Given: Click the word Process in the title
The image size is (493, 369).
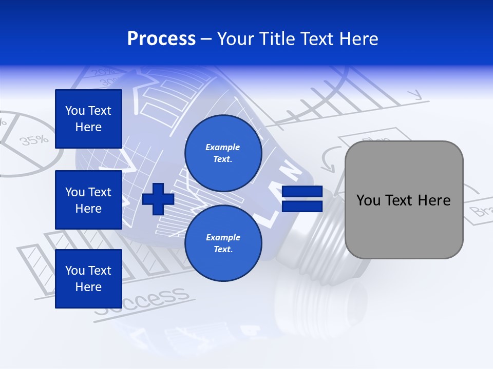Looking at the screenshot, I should pos(161,39).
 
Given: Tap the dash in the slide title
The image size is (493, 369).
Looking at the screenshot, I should pos(206,39).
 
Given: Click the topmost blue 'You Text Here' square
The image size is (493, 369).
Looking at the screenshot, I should pos(88,119).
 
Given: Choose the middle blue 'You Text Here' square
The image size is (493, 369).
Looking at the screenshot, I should pos(88,200).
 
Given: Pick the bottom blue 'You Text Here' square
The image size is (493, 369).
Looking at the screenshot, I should pos(88,279).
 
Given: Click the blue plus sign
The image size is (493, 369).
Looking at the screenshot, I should pos(158,199).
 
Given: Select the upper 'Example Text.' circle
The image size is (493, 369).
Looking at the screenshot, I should pos(223,153).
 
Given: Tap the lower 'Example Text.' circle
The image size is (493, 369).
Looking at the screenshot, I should pos(223,243).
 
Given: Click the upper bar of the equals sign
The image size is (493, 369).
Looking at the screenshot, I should pos(302,192).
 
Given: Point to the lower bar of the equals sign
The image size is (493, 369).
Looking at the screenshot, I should pos(302,206).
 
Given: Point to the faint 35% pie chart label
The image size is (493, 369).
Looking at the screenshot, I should pos(34,139).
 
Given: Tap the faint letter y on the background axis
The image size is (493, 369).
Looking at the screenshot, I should pos(414,95).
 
